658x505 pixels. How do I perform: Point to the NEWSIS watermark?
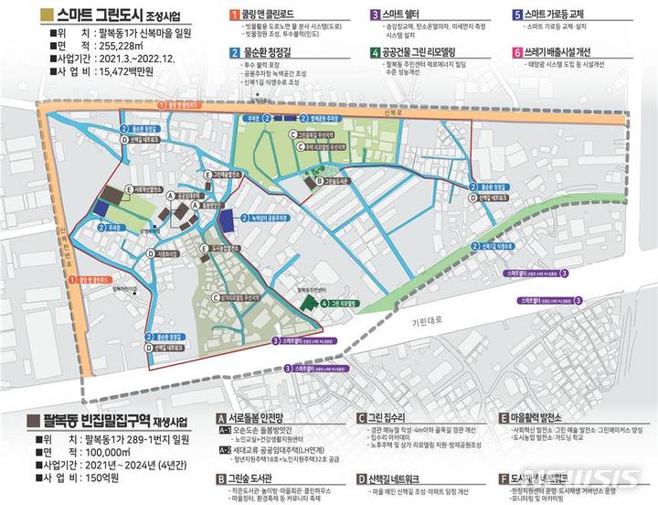click(x=593, y=478)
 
